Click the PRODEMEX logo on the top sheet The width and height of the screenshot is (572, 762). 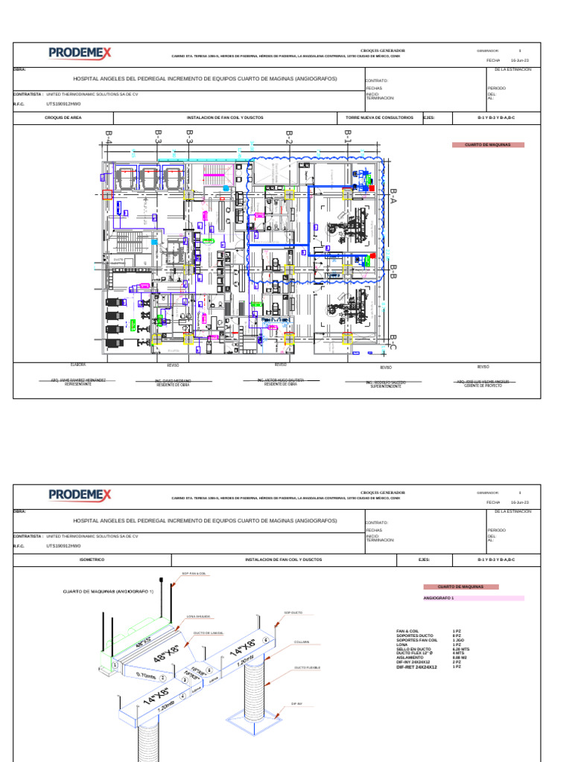point(80,53)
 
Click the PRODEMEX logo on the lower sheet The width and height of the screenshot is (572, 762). point(80,494)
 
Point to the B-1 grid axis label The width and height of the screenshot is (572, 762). point(347,135)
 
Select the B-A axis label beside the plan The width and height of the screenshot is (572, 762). point(393,196)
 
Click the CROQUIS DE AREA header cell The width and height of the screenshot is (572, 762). point(63,118)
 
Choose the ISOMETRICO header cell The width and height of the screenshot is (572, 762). point(92,559)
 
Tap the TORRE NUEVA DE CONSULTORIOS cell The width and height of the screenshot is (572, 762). point(379,118)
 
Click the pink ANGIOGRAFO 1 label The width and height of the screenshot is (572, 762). point(439,598)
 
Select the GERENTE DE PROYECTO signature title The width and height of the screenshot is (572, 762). point(483,386)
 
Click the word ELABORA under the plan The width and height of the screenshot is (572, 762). point(78,365)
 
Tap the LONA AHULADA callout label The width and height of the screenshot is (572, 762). point(198,617)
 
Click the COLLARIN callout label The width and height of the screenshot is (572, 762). point(302,641)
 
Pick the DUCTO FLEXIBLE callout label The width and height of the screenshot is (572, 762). point(307,668)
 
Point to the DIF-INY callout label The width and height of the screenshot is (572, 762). point(296,703)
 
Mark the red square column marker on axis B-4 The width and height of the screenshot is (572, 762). point(107,195)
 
